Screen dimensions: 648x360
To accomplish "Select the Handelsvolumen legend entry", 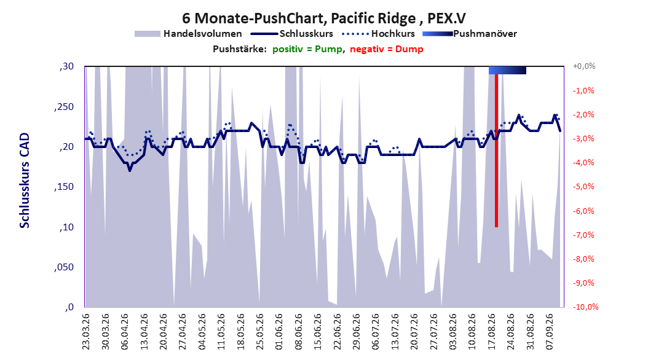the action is pos(189,34).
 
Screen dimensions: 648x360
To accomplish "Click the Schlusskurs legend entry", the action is pos(292,34).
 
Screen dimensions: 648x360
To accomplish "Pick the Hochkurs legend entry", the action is pos(378,34).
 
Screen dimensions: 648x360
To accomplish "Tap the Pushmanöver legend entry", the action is pos(470,34).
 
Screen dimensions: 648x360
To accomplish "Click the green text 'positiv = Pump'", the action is pos(307,49).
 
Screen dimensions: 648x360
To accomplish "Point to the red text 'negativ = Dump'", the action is pos(387,49).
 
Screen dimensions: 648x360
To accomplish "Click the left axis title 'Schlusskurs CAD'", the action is pos(25,181).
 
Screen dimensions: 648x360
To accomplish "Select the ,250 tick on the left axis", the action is pos(64,107).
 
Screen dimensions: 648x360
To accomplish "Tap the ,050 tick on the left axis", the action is pos(64,267).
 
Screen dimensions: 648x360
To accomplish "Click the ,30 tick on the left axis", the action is pos(66,66).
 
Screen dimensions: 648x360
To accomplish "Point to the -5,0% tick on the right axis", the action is pos(583,187).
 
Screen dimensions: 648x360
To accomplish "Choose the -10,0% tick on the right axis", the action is pos(585,307).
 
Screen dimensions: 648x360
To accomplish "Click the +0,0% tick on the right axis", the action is pos(584,66).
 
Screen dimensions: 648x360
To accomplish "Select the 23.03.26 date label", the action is pos(86,332).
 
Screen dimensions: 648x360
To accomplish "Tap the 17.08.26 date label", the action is pos(491,332).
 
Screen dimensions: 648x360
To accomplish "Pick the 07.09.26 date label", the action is pos(549,332).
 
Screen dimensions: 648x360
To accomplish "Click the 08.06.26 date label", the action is pos(298,332).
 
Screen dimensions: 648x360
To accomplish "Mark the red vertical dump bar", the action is pos(496,151).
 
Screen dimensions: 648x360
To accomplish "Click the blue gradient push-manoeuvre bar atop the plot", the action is pos(507,71).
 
